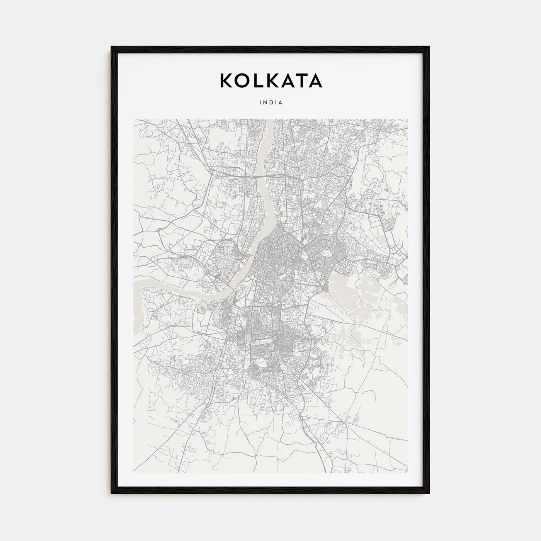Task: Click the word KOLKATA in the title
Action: pos(271,81)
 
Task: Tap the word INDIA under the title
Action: pos(271,103)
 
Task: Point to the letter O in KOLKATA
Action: pos(243,81)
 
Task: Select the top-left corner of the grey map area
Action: pos(134,119)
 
